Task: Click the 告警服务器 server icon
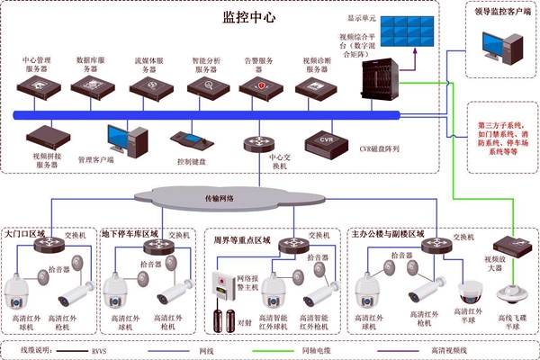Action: (x=260, y=87)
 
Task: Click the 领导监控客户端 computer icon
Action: (x=501, y=49)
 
